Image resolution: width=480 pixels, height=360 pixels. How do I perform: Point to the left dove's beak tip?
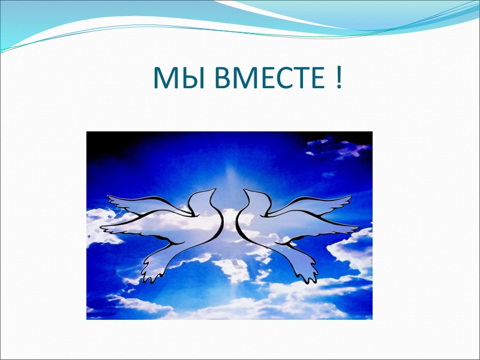pyautogui.click(x=214, y=190)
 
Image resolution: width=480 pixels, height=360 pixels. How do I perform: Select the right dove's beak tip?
pyautogui.click(x=244, y=190)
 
